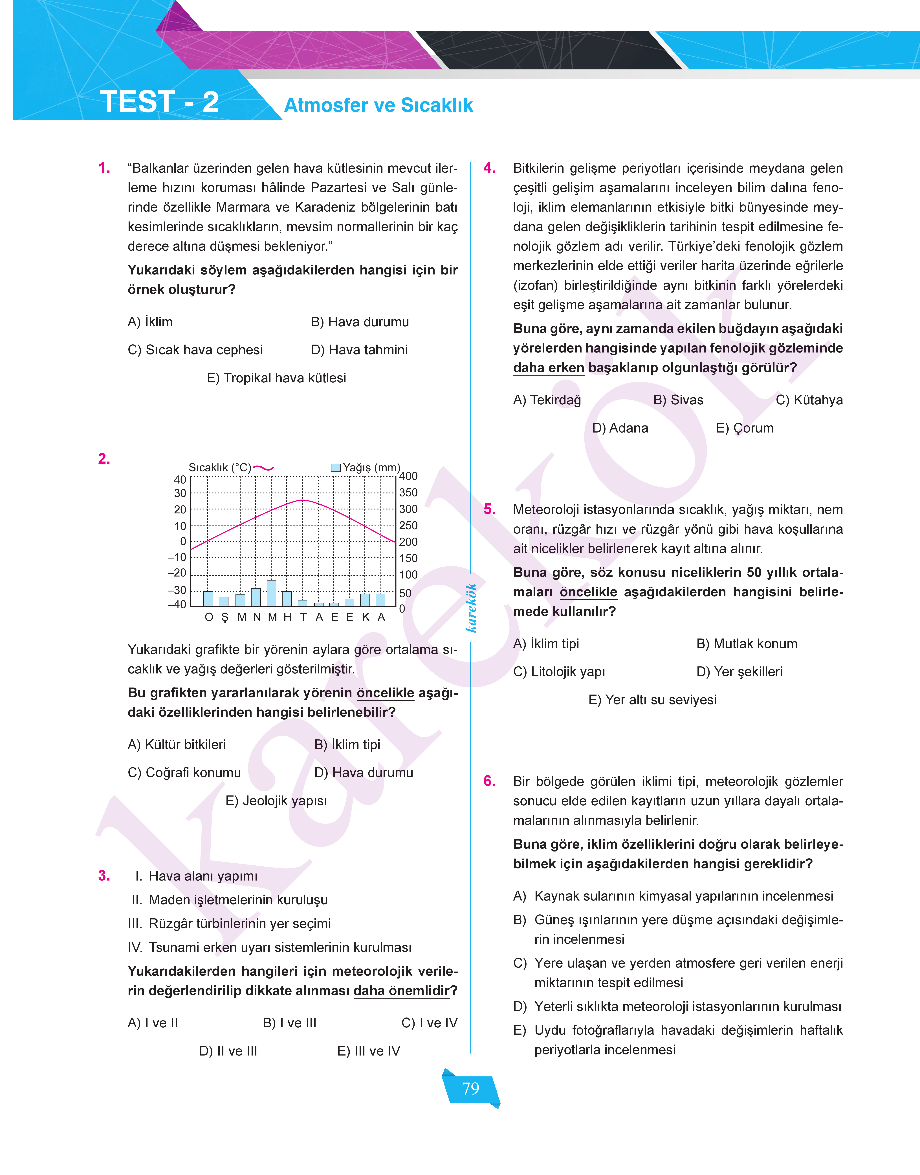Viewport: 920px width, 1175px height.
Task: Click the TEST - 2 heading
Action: pyautogui.click(x=159, y=102)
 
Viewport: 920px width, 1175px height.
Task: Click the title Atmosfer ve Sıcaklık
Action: pyautogui.click(x=378, y=105)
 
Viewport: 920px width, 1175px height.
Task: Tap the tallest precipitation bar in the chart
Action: pyautogui.click(x=272, y=593)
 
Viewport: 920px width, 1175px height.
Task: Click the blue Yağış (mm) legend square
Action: pyautogui.click(x=336, y=467)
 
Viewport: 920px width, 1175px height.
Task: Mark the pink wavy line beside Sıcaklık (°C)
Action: pyautogui.click(x=263, y=468)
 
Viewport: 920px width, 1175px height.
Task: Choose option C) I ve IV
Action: pyautogui.click(x=429, y=1023)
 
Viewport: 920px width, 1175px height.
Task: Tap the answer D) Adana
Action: pyautogui.click(x=620, y=428)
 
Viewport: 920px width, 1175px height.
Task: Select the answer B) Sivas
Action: pyautogui.click(x=678, y=400)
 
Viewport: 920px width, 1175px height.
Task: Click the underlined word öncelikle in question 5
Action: pyautogui.click(x=588, y=592)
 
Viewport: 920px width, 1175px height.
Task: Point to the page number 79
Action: pyautogui.click(x=471, y=1088)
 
